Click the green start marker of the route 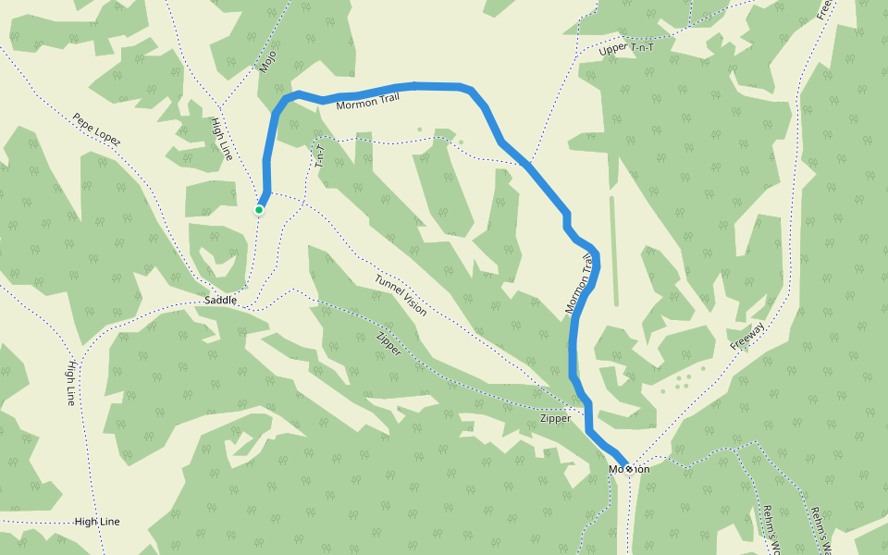tap(259, 210)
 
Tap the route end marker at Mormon tap(629, 469)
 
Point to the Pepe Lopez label tap(96, 130)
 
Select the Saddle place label tap(220, 301)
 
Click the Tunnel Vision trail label tap(401, 295)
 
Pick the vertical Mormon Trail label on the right tap(577, 290)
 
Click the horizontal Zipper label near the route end tap(555, 419)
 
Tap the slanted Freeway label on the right tap(747, 336)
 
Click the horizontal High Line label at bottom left tap(97, 522)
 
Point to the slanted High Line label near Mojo tap(222, 138)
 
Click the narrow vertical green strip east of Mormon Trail tap(613, 250)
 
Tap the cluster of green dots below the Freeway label tap(680, 380)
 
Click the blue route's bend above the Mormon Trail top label tap(416, 86)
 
